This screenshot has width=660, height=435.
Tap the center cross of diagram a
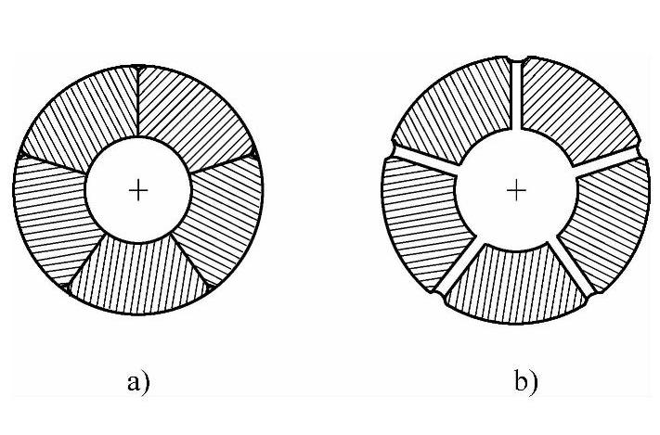point(138,190)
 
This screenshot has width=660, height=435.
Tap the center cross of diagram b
point(517,190)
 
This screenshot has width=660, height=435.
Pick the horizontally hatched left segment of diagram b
point(422,218)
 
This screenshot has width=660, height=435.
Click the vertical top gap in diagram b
point(517,97)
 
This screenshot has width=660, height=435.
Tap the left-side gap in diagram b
point(422,157)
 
